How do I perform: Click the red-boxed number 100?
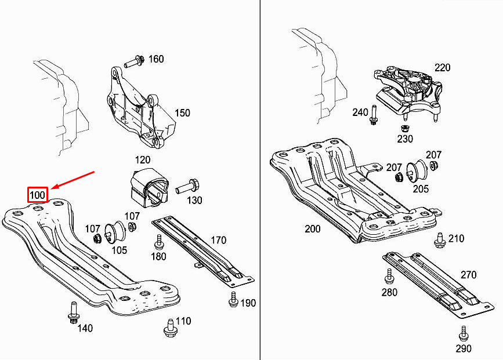point(38,195)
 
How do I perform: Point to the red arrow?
point(73,180)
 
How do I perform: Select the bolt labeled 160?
point(134,61)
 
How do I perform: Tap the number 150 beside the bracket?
point(182,113)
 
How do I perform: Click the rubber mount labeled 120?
point(150,187)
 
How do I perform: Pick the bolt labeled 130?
point(187,186)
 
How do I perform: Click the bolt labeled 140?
point(74,312)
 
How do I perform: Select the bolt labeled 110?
point(170,328)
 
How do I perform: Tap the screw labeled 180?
point(159,242)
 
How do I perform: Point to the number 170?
point(219,240)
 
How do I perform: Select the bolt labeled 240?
point(374,115)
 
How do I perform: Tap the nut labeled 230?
point(405,128)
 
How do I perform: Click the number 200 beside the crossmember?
point(313,229)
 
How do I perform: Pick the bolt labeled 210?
point(440,241)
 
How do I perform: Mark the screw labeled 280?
point(389,276)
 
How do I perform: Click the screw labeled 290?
point(463,333)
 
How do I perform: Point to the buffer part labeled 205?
point(417,172)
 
